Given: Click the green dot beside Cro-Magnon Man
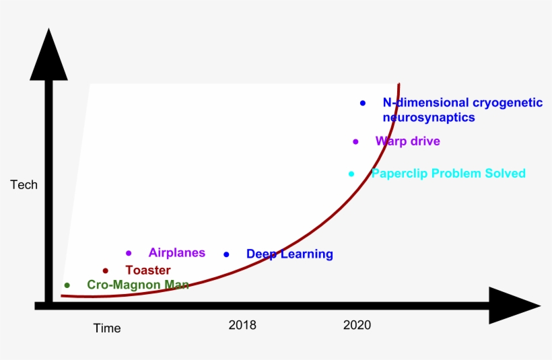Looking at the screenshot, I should tap(67, 285).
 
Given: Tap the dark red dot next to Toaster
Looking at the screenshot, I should tap(105, 271).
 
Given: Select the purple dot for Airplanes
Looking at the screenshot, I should tap(129, 253).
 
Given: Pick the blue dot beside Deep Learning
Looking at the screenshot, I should tap(226, 254).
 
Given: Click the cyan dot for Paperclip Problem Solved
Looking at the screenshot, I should tap(351, 174).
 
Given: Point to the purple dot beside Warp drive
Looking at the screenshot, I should tap(355, 141).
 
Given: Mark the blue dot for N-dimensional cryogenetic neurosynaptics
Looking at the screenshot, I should tap(363, 103).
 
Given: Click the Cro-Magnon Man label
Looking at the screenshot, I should tap(138, 285).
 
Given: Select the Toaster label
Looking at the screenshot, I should tap(148, 271).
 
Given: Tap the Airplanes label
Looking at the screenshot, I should tap(176, 253).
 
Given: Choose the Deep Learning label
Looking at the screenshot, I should tap(289, 254).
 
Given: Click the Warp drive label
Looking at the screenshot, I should tap(407, 141).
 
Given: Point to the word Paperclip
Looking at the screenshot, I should tap(399, 174).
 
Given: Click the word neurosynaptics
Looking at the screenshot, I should tap(429, 118).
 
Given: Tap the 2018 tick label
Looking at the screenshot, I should tap(242, 325).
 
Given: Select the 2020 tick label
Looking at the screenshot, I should tap(357, 325).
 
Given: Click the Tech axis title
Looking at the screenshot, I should tap(24, 184).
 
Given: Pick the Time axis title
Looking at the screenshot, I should tap(107, 328).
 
